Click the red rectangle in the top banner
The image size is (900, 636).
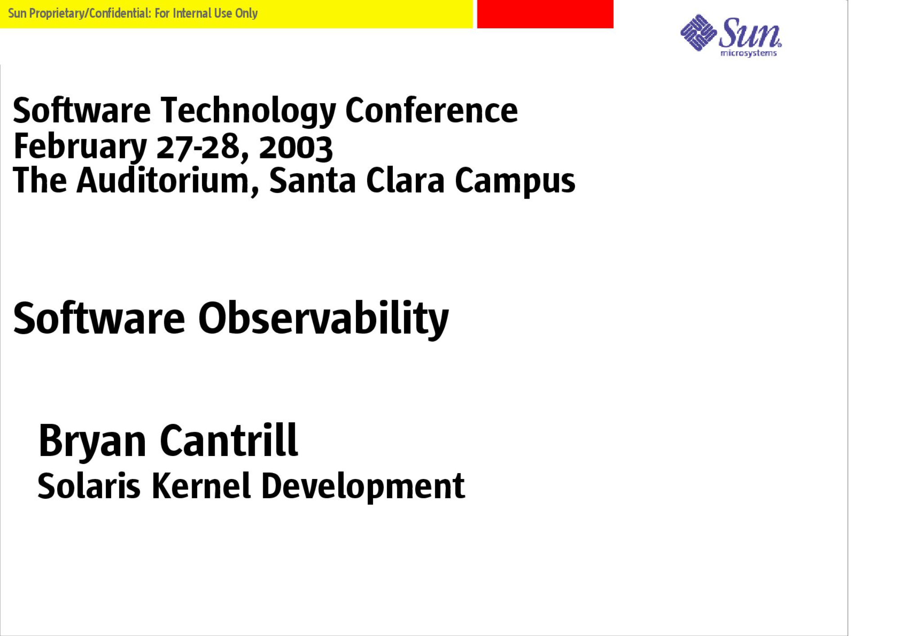click(545, 14)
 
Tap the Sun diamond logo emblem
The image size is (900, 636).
click(698, 32)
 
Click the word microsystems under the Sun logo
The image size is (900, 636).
click(748, 53)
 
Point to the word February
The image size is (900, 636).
click(80, 147)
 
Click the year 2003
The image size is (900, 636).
click(296, 148)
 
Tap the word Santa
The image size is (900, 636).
click(313, 181)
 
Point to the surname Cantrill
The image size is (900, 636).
click(229, 440)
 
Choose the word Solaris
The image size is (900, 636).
click(89, 486)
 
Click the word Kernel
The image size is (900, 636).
click(201, 486)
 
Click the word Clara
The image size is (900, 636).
click(405, 181)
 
